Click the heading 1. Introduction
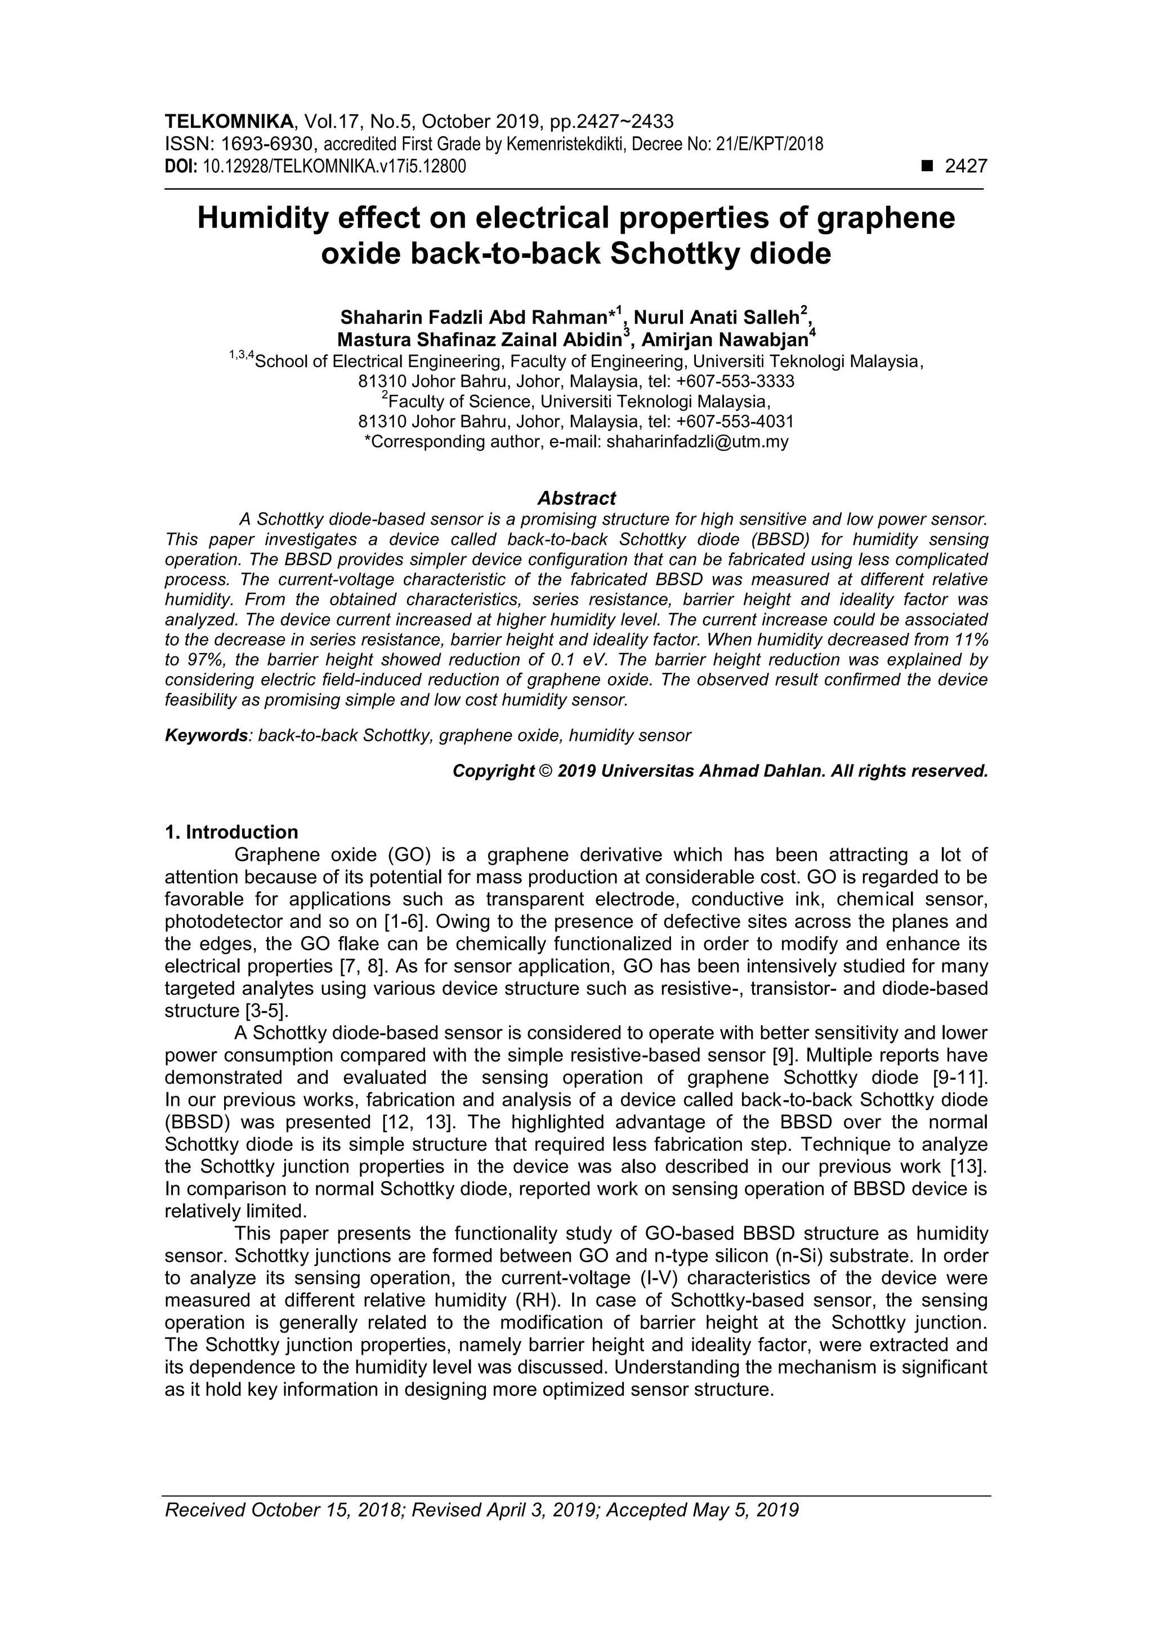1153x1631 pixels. click(231, 832)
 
